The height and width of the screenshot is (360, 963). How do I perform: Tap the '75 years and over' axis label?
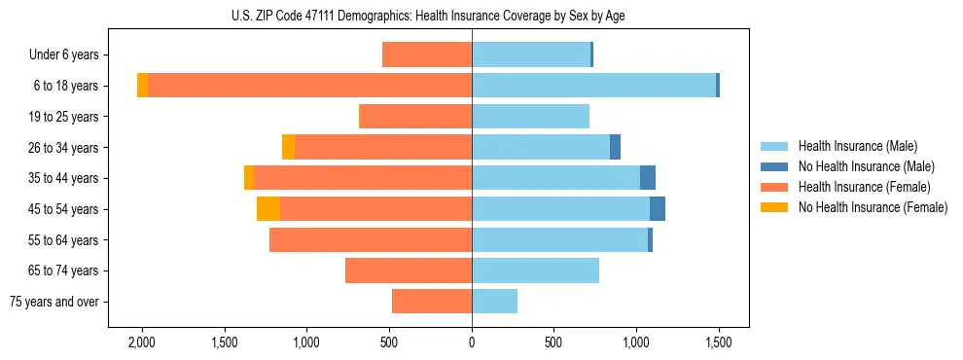(54, 302)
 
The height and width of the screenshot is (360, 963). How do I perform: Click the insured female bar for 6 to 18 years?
(309, 86)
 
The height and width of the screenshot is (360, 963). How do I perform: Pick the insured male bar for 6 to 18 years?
(593, 86)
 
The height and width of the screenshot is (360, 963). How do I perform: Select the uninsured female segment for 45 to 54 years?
(268, 209)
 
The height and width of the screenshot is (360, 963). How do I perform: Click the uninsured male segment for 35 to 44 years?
(648, 178)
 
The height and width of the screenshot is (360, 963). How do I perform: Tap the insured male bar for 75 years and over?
(494, 302)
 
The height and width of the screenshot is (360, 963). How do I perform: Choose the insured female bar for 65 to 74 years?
(409, 270)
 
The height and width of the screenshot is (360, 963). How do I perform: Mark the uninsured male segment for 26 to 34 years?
(615, 147)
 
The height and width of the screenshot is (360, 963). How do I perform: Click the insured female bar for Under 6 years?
(427, 55)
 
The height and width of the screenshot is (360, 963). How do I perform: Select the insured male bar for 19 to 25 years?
(530, 117)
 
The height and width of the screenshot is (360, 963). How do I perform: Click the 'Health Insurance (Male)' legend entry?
(856, 146)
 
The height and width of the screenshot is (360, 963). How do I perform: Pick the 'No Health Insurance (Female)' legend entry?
(872, 207)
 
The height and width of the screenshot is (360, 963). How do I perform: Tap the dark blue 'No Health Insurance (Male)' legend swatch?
(775, 166)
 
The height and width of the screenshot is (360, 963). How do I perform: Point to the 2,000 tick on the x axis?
(142, 342)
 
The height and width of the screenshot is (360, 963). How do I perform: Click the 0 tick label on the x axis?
(472, 342)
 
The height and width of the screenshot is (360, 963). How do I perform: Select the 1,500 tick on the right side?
(719, 342)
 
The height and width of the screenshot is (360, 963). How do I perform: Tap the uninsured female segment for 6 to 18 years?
(143, 86)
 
